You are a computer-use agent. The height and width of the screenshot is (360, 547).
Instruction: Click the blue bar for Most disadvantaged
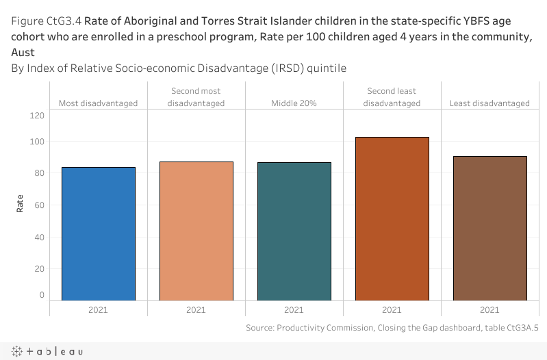pyautogui.click(x=99, y=233)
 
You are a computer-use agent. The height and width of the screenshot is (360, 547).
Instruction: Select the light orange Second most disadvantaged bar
pyautogui.click(x=196, y=231)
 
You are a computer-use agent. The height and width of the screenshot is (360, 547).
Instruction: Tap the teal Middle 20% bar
pyautogui.click(x=294, y=231)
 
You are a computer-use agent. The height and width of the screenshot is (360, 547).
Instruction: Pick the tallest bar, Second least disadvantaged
pyautogui.click(x=392, y=218)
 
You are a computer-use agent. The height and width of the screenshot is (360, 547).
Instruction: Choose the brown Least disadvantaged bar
pyautogui.click(x=489, y=228)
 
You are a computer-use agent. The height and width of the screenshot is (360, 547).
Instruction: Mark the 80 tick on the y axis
pyautogui.click(x=39, y=173)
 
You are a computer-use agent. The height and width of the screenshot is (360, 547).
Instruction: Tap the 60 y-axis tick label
pyautogui.click(x=39, y=205)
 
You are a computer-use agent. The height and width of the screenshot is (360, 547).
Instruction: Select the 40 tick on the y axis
pyautogui.click(x=39, y=237)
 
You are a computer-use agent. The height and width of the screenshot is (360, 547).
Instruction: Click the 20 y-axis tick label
pyautogui.click(x=39, y=269)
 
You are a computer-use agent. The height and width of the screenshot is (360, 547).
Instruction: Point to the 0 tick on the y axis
pyautogui.click(x=42, y=296)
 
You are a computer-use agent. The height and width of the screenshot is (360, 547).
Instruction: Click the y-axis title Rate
pyautogui.click(x=20, y=203)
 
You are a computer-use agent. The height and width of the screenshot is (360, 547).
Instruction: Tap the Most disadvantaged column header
pyautogui.click(x=99, y=103)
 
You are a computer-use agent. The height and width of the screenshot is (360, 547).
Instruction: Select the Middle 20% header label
pyautogui.click(x=294, y=103)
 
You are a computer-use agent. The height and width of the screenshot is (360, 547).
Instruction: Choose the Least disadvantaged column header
pyautogui.click(x=489, y=103)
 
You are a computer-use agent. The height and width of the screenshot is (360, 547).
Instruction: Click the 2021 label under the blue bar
pyautogui.click(x=99, y=310)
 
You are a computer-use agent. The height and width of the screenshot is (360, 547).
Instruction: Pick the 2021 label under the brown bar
pyautogui.click(x=489, y=310)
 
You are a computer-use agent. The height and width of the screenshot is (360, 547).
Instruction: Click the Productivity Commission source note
pyautogui.click(x=392, y=328)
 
